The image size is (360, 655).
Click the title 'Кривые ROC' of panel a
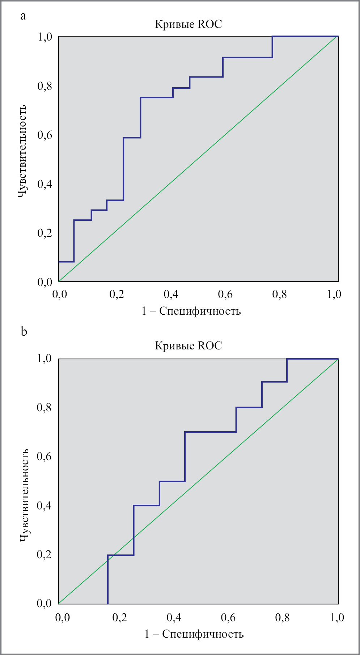188,24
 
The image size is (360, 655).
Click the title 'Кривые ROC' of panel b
188,346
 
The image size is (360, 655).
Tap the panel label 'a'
24,16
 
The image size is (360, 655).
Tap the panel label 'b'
24,331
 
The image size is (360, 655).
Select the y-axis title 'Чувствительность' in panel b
24,495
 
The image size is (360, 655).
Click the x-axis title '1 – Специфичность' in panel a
191,311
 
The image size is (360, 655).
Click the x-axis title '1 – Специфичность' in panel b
194,634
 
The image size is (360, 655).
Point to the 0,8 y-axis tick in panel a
45,86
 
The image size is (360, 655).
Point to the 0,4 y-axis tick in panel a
45,184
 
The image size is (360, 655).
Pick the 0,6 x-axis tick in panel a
225,294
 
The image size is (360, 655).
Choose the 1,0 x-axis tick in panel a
334,294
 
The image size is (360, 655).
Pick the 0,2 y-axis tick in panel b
44,554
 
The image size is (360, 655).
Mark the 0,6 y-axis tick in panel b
44,456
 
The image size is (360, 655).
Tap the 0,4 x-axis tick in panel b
174,617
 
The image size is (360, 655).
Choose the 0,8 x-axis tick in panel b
282,617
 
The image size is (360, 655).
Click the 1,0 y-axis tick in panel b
44,358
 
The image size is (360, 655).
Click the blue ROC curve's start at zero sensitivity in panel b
108,604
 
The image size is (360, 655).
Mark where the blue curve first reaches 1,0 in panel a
272,37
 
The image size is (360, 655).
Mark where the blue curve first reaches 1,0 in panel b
287,359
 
